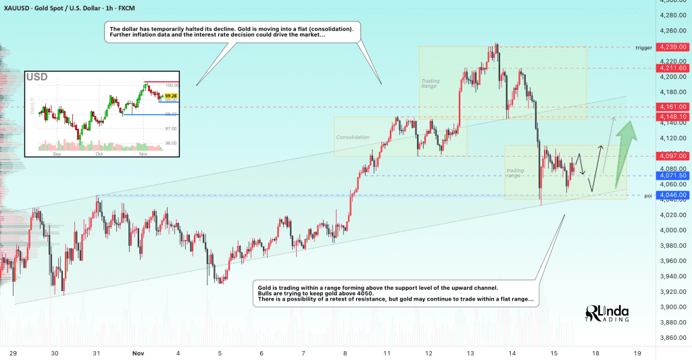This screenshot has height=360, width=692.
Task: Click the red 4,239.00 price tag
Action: click(x=674, y=47)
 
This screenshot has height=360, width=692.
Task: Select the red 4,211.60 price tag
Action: click(x=674, y=68)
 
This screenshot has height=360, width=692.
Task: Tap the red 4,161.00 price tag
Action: click(x=674, y=107)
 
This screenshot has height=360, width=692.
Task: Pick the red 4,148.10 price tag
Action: click(x=674, y=117)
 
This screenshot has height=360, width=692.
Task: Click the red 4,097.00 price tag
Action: click(x=674, y=156)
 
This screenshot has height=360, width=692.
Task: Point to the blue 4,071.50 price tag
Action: click(x=674, y=176)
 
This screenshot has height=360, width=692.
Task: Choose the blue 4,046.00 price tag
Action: click(x=674, y=195)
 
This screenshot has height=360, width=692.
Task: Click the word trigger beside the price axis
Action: click(x=643, y=48)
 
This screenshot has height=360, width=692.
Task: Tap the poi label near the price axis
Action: click(x=648, y=196)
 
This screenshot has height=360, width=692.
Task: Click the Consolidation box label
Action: click(x=353, y=137)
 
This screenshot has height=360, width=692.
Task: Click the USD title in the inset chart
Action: click(x=37, y=77)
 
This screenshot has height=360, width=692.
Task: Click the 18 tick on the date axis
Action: click(x=595, y=353)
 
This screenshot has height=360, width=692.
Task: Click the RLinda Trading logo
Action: click(x=607, y=313)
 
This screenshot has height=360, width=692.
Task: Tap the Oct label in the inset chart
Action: click(x=99, y=153)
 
